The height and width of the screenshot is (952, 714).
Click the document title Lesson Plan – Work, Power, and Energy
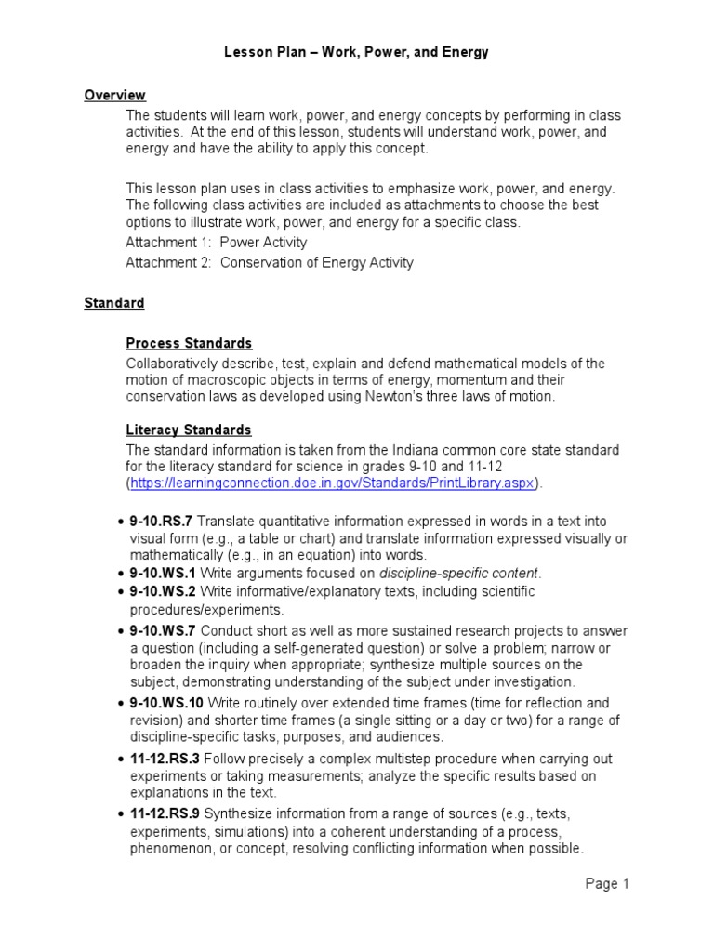[356, 53]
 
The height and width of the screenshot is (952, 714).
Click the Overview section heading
[114, 95]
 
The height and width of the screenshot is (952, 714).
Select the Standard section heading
[114, 303]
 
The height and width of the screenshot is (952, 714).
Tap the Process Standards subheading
[189, 343]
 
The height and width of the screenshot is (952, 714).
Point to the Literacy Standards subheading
[189, 430]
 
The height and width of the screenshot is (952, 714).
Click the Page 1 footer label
[607, 884]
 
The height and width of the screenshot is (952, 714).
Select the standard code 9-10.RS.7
[161, 522]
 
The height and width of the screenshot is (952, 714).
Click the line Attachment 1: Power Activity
[216, 243]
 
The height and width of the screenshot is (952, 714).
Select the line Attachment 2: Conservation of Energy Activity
[270, 262]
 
